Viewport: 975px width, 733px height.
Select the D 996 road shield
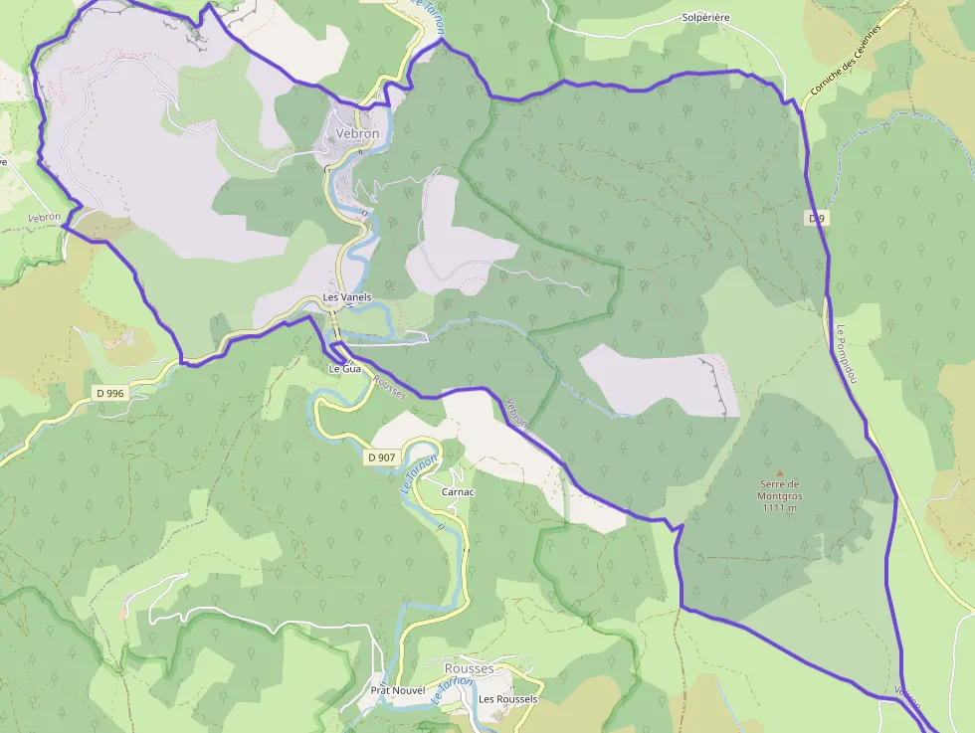(110, 394)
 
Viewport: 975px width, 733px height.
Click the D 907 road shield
(381, 458)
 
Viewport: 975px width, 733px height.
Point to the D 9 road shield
(817, 217)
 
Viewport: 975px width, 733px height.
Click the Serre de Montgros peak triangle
(780, 473)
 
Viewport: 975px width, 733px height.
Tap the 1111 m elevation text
(780, 507)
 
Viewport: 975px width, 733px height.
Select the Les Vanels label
(346, 297)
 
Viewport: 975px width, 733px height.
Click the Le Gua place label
(344, 368)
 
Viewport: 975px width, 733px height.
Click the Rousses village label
(469, 668)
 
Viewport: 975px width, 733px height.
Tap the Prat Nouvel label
(397, 690)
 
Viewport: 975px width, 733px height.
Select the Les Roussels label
(507, 699)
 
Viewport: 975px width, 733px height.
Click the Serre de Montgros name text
(780, 489)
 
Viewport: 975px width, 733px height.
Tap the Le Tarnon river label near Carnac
(419, 475)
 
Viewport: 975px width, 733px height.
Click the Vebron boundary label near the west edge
(45, 217)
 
